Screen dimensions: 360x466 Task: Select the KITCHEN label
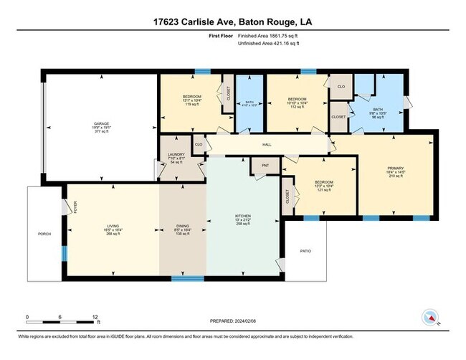(244, 215)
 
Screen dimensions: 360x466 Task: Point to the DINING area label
(183, 226)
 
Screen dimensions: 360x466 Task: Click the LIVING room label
(113, 226)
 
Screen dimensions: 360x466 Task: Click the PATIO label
(305, 251)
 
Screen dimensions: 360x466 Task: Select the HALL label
(267, 145)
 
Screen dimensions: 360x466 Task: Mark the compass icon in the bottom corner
(430, 316)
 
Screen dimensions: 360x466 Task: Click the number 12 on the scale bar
(96, 316)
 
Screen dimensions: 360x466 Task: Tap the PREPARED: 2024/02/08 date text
(233, 321)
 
